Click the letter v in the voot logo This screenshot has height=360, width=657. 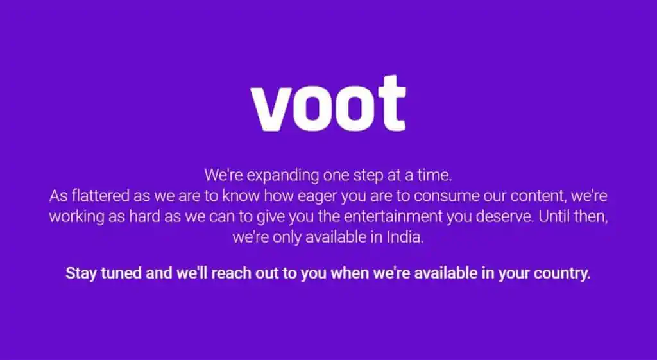[274, 109]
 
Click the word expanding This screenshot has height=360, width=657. [283, 176]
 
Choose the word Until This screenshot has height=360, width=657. [554, 217]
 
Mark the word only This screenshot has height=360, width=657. [287, 238]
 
